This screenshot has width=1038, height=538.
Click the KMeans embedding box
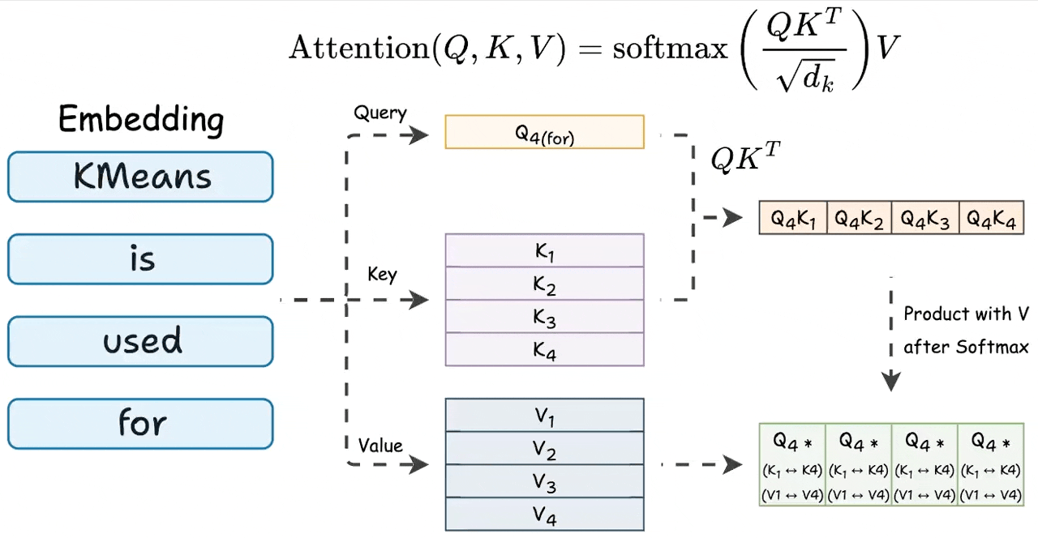(x=140, y=177)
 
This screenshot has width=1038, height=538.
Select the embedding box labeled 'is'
(x=140, y=259)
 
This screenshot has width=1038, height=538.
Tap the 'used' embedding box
(x=140, y=341)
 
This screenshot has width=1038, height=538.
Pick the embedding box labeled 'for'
(x=140, y=423)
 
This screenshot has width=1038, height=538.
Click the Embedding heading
(x=141, y=120)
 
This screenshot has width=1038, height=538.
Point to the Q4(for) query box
(x=544, y=132)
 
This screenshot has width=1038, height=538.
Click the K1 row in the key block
(x=544, y=251)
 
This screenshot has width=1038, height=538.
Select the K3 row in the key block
(x=544, y=317)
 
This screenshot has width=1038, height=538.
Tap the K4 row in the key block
(x=544, y=350)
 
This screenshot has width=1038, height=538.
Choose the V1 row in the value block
(x=544, y=416)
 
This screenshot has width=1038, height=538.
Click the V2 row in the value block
(x=544, y=449)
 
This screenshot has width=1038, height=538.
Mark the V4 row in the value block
(x=544, y=515)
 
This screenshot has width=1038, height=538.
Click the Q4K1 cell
(x=793, y=218)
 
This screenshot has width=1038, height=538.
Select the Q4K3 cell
(x=925, y=218)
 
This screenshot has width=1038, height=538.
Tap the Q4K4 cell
(x=991, y=218)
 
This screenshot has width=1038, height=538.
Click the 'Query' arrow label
(x=380, y=113)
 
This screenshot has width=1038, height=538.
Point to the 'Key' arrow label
(x=382, y=275)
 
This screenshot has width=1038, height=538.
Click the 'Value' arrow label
(x=380, y=445)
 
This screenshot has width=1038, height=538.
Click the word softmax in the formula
(x=670, y=49)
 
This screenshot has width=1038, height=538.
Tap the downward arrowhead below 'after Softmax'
(x=891, y=380)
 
